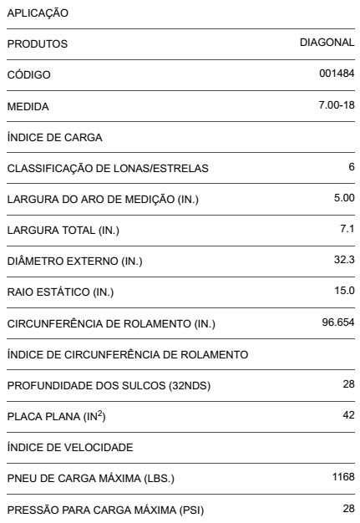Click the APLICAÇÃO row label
point(38,13)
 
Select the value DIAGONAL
point(327,42)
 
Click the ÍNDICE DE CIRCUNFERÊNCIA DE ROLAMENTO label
point(128,355)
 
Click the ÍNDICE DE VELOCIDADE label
point(62,448)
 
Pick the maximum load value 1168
point(342,477)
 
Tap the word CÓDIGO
point(29,75)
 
